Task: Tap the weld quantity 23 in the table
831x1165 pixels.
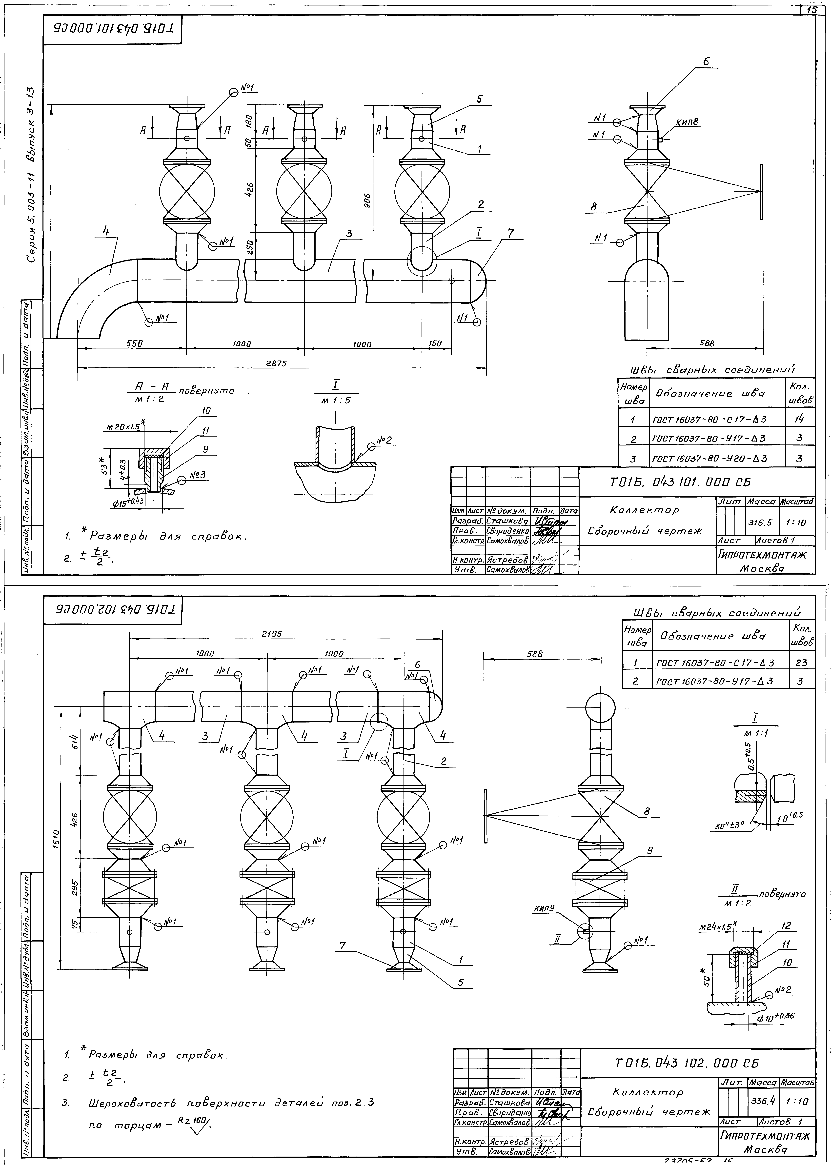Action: point(801,663)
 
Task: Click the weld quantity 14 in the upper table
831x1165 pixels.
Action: point(800,419)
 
